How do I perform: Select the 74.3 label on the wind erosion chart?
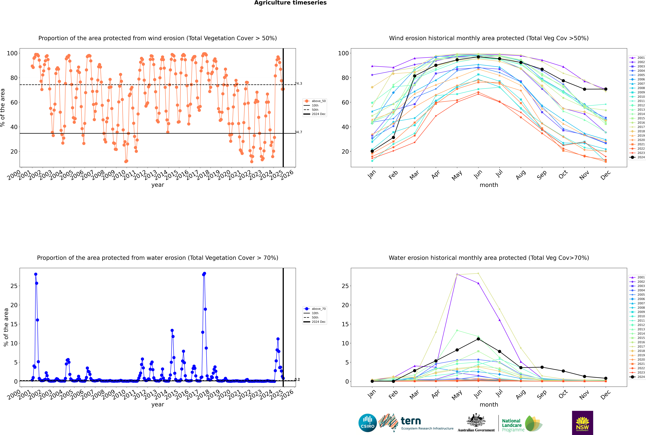(x=298, y=84)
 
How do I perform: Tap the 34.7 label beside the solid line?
(x=298, y=132)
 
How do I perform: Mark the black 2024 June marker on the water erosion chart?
(x=478, y=339)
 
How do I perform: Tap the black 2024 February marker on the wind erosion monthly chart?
(x=393, y=138)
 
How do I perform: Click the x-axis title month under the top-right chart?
(x=489, y=185)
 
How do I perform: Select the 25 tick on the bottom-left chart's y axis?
(x=14, y=286)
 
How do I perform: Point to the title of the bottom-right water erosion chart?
(x=489, y=258)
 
